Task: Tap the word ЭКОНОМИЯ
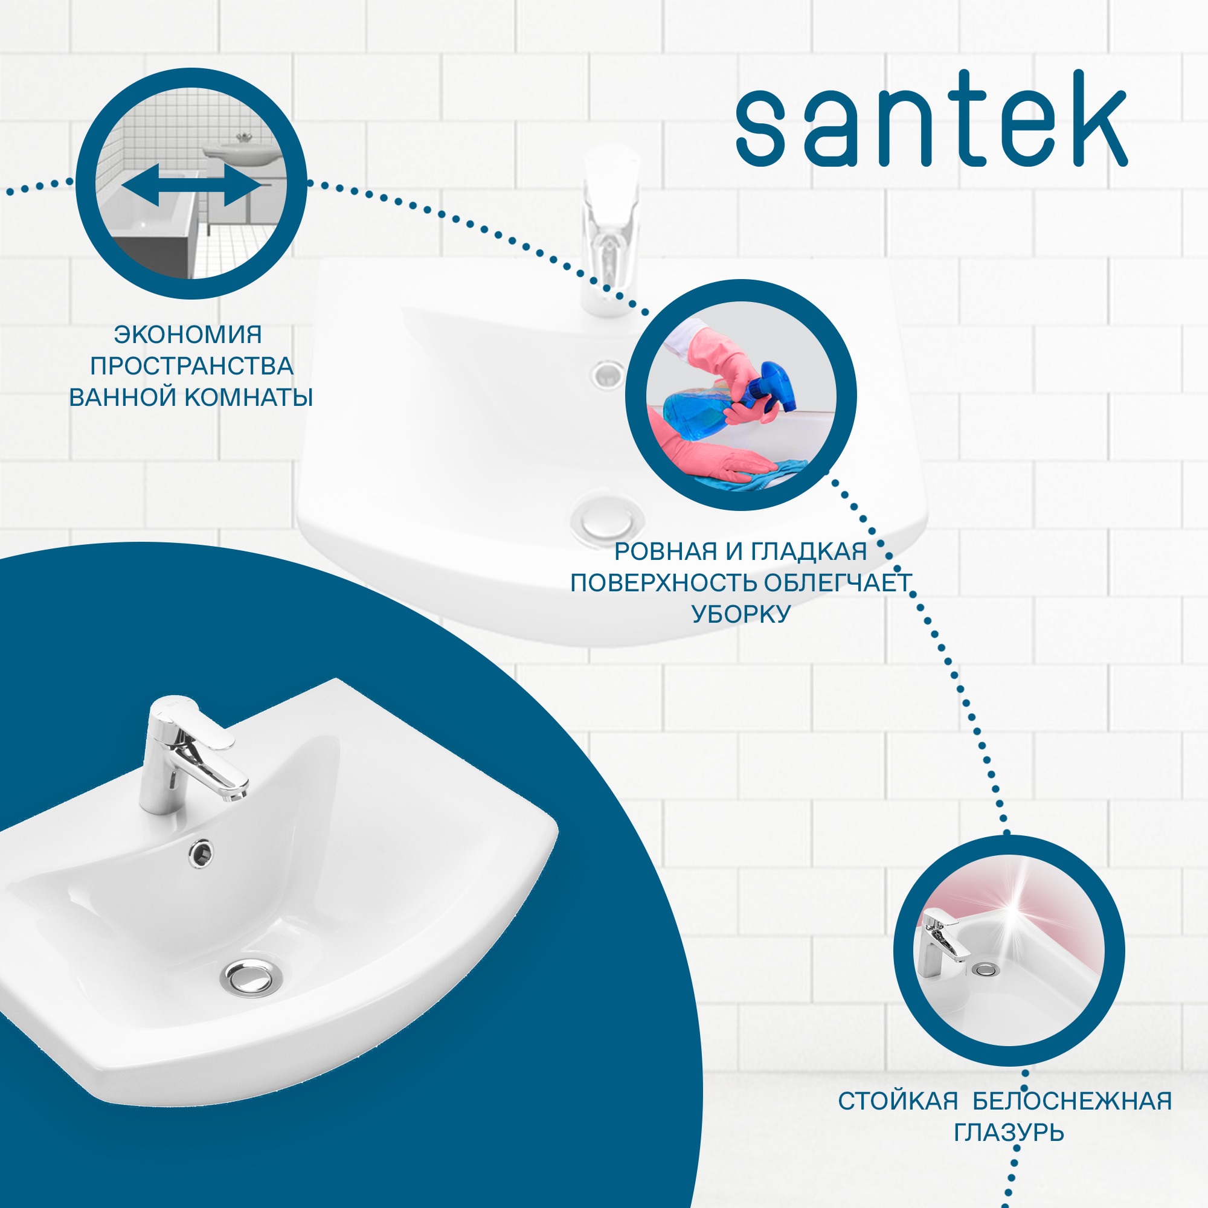tap(188, 335)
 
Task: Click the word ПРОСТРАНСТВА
tap(191, 367)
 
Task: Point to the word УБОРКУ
tap(741, 614)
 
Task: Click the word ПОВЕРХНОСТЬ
tap(663, 583)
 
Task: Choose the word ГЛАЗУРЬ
tap(1009, 1132)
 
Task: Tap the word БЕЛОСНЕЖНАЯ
tap(1072, 1101)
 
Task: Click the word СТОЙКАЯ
tap(898, 1101)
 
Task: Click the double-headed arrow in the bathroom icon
tap(191, 186)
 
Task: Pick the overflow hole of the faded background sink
tap(607, 374)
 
